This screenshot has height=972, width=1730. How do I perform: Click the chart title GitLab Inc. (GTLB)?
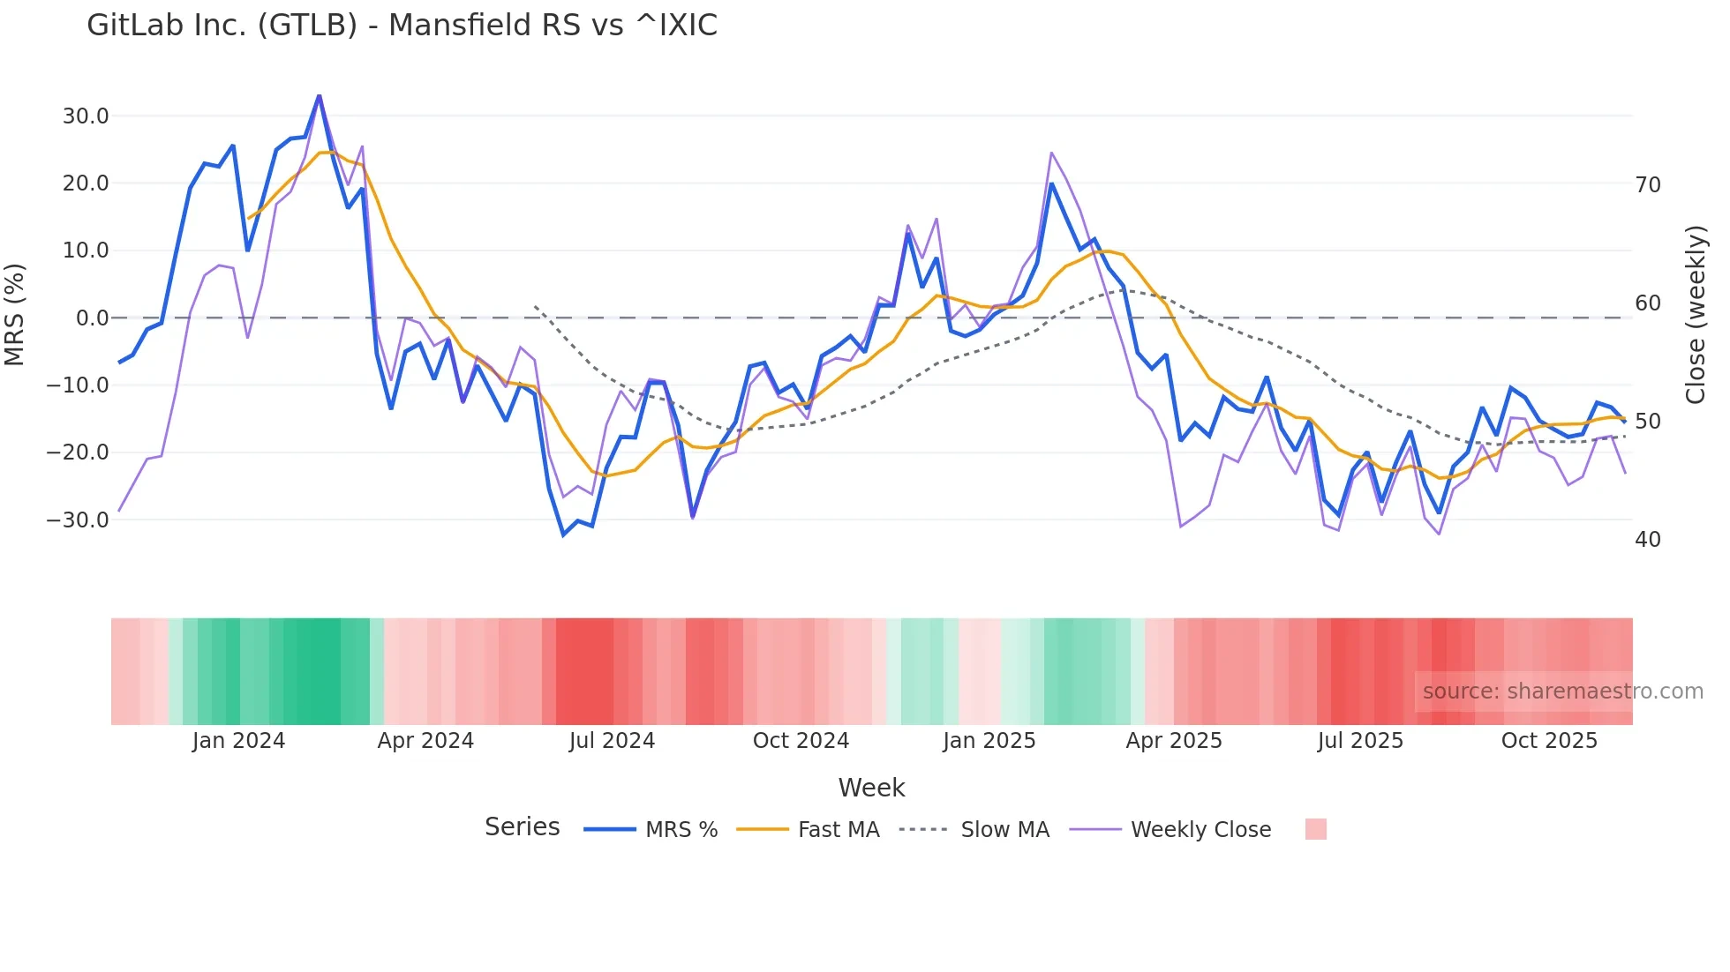pos(402,25)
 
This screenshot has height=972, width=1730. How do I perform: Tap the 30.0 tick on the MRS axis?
pos(86,116)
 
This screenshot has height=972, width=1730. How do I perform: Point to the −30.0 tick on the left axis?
pos(78,520)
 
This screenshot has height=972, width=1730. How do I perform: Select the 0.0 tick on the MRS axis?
pos(92,318)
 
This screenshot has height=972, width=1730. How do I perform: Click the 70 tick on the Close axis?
pos(1648,185)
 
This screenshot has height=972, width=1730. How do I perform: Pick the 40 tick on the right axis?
pos(1648,540)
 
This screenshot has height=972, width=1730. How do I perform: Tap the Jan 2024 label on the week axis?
pos(238,741)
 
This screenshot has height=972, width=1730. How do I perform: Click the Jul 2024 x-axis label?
pos(612,741)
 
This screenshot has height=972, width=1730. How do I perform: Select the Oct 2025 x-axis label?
pos(1549,741)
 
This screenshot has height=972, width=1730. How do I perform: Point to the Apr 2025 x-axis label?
pos(1174,741)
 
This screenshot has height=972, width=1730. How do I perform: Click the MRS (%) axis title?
pos(15,315)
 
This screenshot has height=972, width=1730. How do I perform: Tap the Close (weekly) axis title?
pos(1696,315)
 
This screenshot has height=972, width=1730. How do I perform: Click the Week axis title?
pos(871,788)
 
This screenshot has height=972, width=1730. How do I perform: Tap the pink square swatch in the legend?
pos(1315,829)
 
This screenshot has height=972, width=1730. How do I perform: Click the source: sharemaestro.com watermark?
pos(1562,692)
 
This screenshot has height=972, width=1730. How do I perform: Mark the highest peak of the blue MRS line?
pos(319,95)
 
